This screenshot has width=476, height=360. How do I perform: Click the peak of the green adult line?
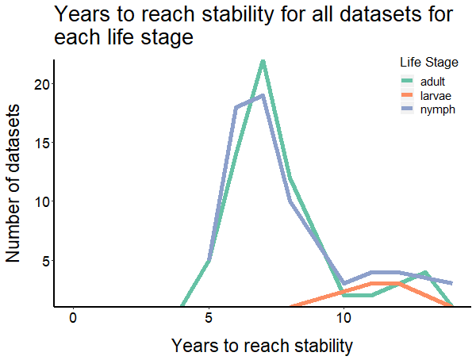[263, 61]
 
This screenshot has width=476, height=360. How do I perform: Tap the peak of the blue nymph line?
[263, 95]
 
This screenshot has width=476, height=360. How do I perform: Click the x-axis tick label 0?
[73, 318]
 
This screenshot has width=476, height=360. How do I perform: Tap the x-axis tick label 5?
[209, 318]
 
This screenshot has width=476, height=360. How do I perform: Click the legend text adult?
[433, 81]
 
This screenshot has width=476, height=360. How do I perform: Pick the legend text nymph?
[437, 109]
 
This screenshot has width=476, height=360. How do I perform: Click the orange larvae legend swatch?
[408, 95]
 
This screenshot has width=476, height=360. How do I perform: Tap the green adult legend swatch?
[408, 81]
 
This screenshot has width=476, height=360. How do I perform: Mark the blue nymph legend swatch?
[408, 109]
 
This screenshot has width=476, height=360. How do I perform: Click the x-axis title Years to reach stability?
[262, 346]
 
